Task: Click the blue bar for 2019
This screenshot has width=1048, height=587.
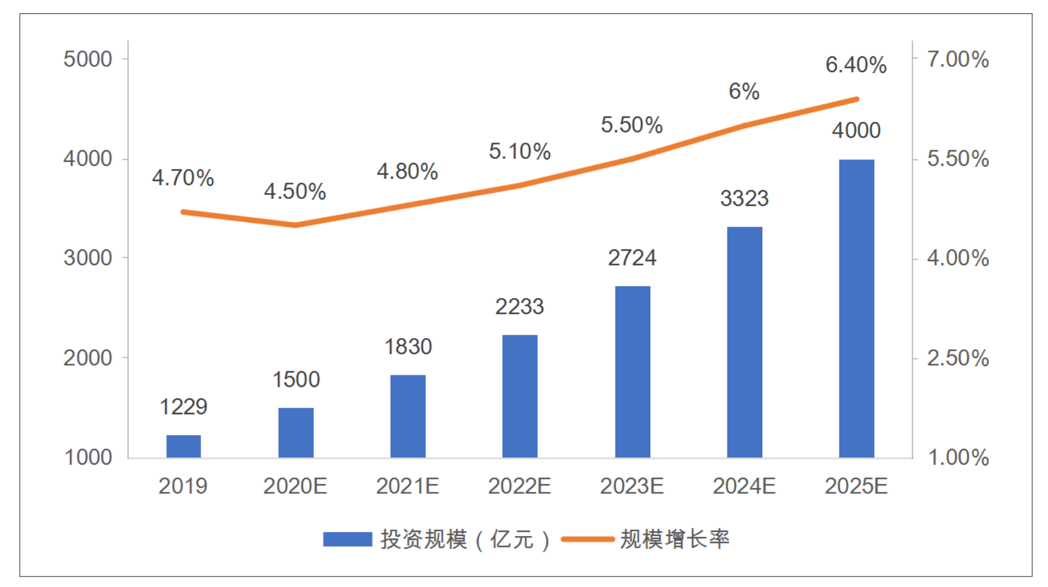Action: pos(184,446)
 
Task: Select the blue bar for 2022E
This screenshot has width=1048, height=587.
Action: pos(520,396)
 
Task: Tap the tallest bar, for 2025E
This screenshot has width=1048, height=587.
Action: pos(857,309)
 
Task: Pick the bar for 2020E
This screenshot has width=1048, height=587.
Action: pos(296,433)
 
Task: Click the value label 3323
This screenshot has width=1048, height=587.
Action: pos(744,199)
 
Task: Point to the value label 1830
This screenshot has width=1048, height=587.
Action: pos(408,347)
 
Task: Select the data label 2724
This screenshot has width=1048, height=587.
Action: pos(632,258)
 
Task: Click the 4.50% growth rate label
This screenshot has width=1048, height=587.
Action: pos(295,191)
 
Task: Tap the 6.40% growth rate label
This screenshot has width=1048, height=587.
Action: pos(856,65)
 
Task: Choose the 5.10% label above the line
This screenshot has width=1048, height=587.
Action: pos(519,152)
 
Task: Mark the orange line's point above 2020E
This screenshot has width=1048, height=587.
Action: pos(296,225)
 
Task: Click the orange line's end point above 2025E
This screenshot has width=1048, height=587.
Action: pos(857,100)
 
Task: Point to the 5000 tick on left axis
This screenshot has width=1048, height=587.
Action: pos(88,59)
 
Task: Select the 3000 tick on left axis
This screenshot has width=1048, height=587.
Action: pos(88,258)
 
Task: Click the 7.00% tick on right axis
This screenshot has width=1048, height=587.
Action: pos(958,59)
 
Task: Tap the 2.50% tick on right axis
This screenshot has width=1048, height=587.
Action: pos(958,358)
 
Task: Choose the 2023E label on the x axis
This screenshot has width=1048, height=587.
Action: pos(632,486)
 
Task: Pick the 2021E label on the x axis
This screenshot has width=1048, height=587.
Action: pos(407,486)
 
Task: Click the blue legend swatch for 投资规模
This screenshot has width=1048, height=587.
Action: pos(347,539)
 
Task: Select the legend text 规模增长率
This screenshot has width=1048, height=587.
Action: pos(675,539)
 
